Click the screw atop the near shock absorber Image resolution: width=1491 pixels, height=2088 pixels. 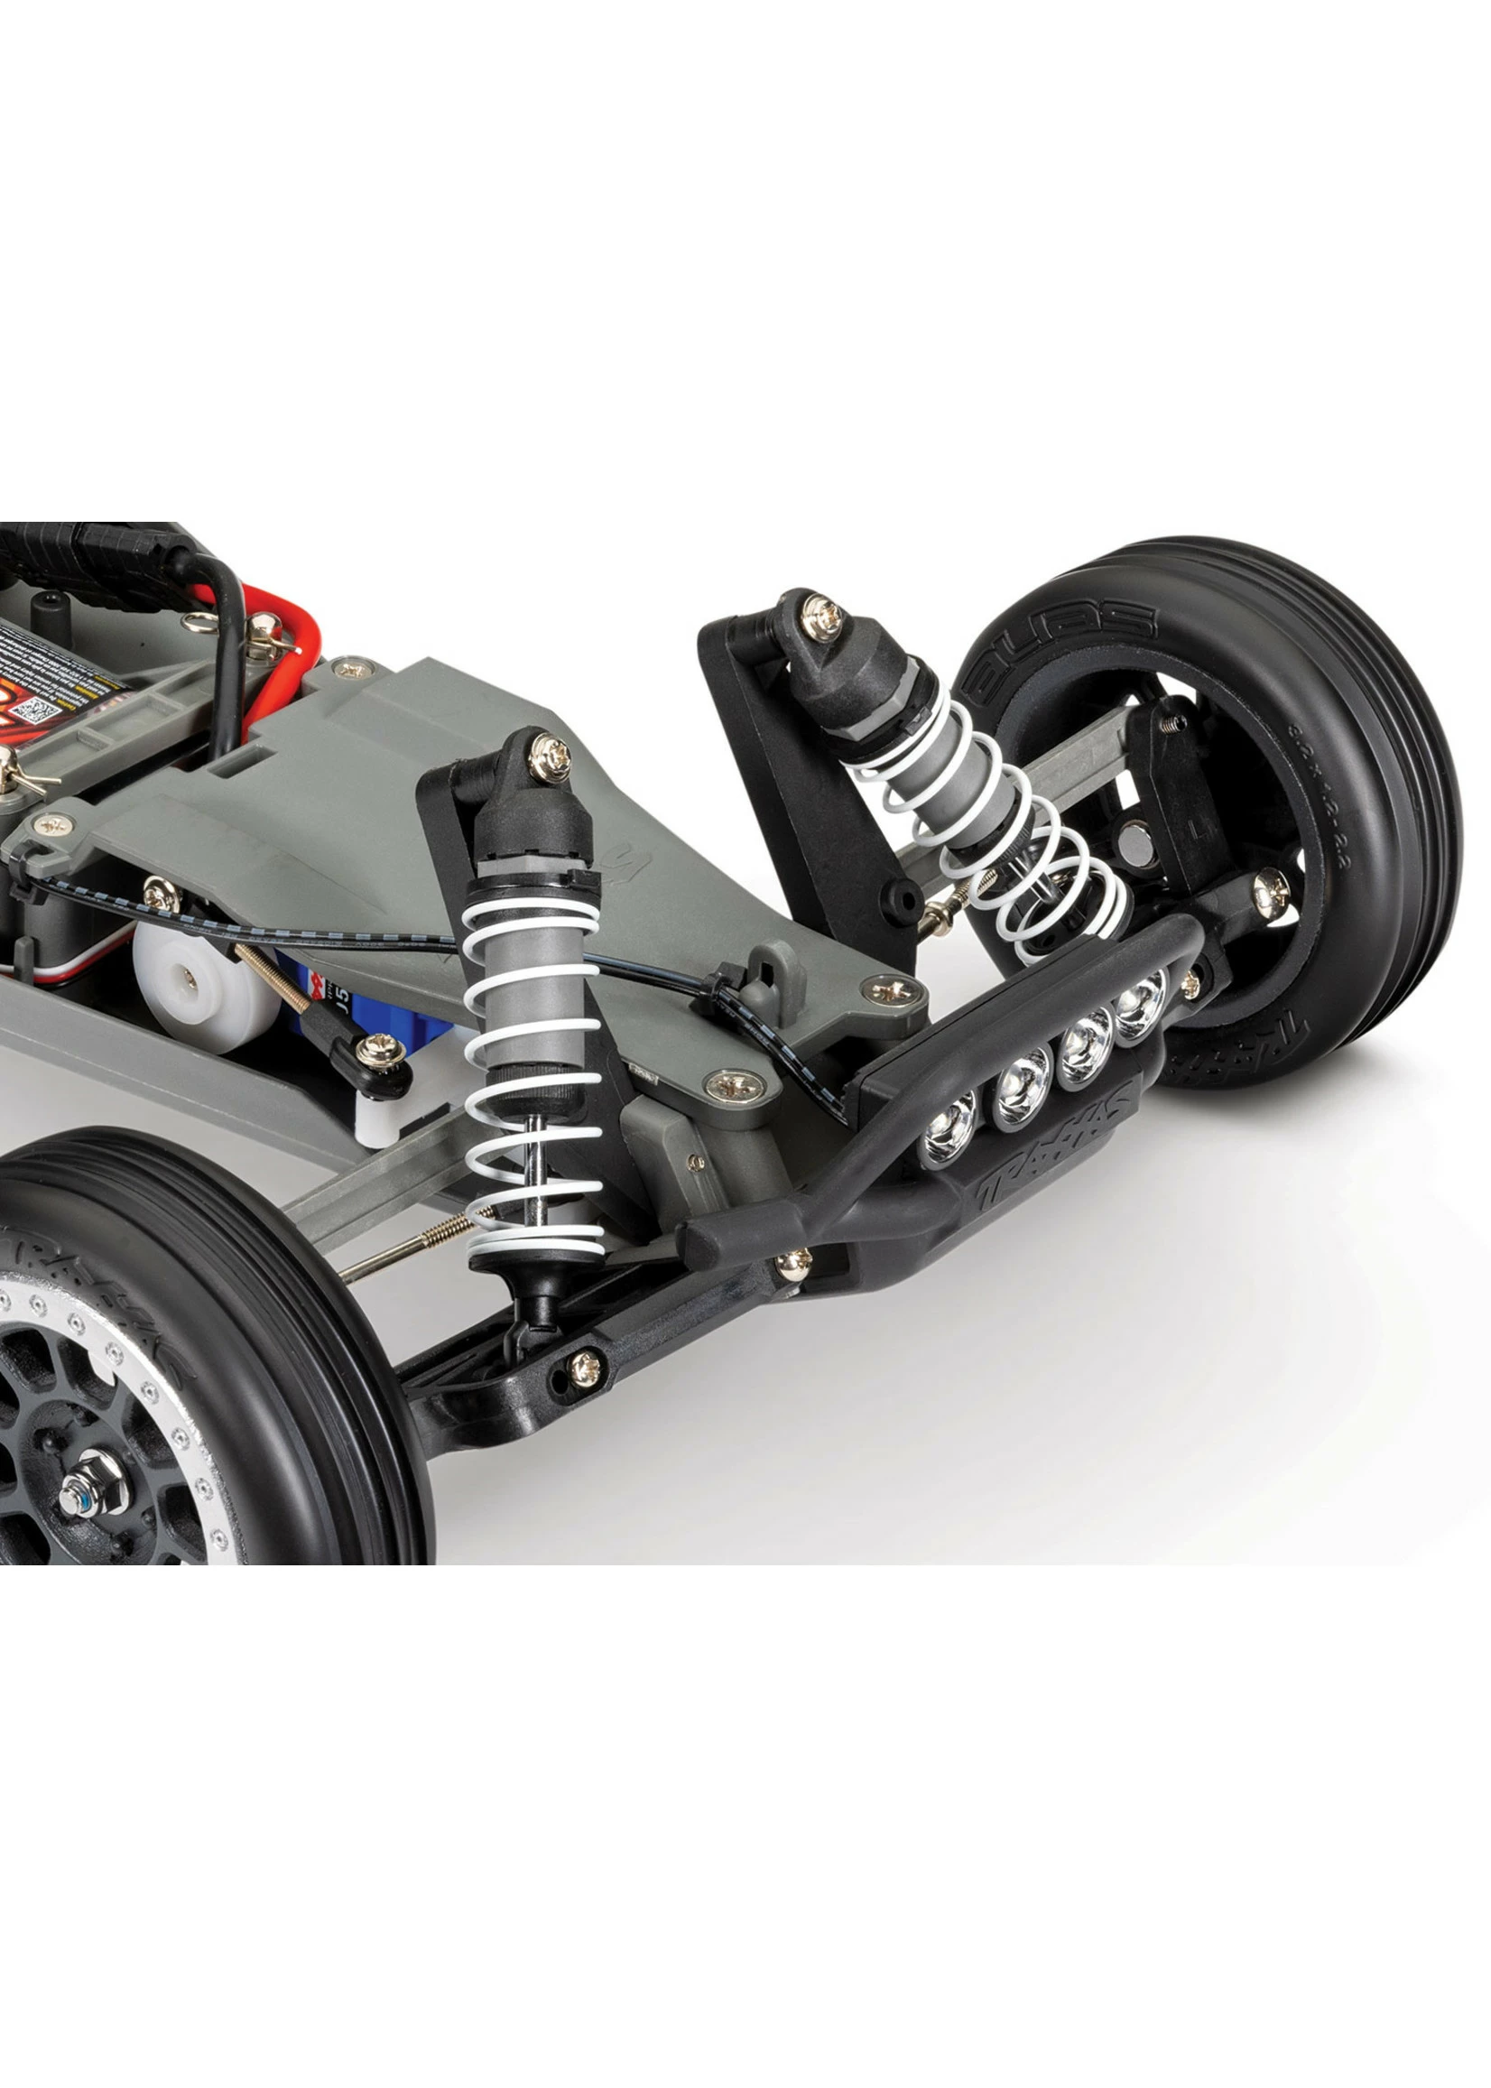tap(549, 754)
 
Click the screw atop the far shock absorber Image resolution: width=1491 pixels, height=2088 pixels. tap(820, 609)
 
